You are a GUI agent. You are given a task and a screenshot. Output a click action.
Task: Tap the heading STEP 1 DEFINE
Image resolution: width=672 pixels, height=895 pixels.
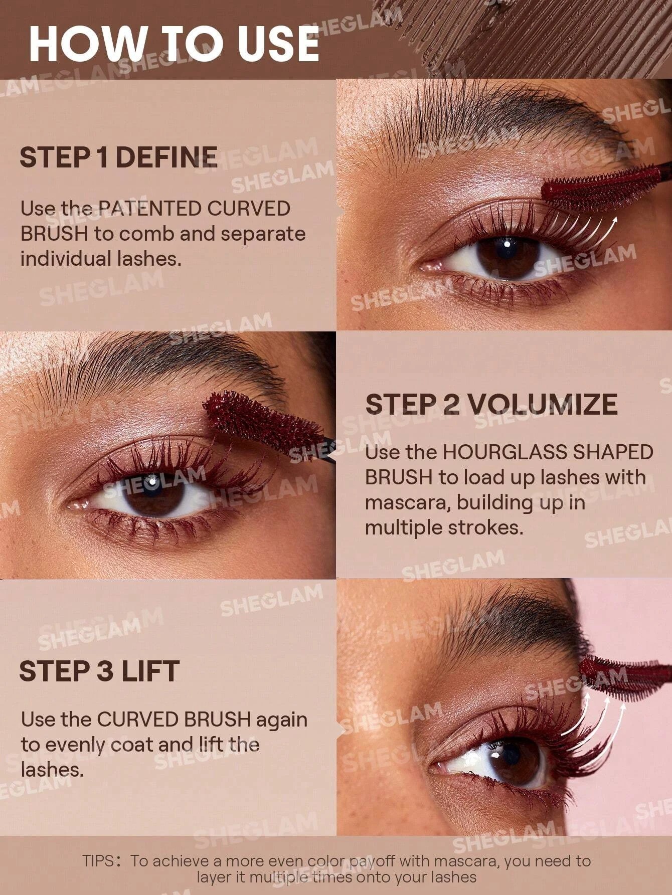pos(118,157)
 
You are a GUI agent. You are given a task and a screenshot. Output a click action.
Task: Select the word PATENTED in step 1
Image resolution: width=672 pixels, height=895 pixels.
pos(149,209)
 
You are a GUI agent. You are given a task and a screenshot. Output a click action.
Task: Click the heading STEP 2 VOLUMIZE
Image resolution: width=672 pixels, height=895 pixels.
pos(491,404)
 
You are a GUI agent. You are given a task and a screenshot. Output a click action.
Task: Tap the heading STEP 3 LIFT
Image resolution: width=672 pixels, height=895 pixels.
pos(99,671)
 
